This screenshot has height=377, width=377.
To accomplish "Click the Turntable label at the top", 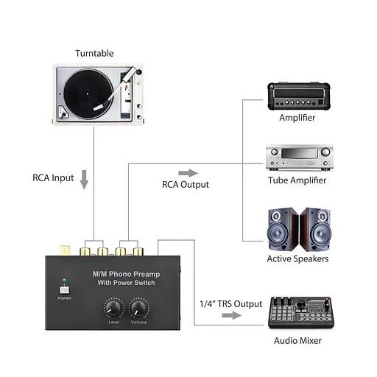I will point(95,53).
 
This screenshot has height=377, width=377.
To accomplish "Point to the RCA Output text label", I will point(186,185).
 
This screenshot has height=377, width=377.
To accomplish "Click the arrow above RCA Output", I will point(188,172).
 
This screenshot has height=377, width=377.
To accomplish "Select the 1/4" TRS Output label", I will point(230,303).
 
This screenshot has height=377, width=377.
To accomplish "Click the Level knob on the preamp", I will point(113,307).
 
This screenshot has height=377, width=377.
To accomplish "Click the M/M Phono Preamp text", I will point(125,275).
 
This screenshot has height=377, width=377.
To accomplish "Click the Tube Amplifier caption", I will point(297,180).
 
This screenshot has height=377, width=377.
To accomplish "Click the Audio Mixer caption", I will point(297,341).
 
